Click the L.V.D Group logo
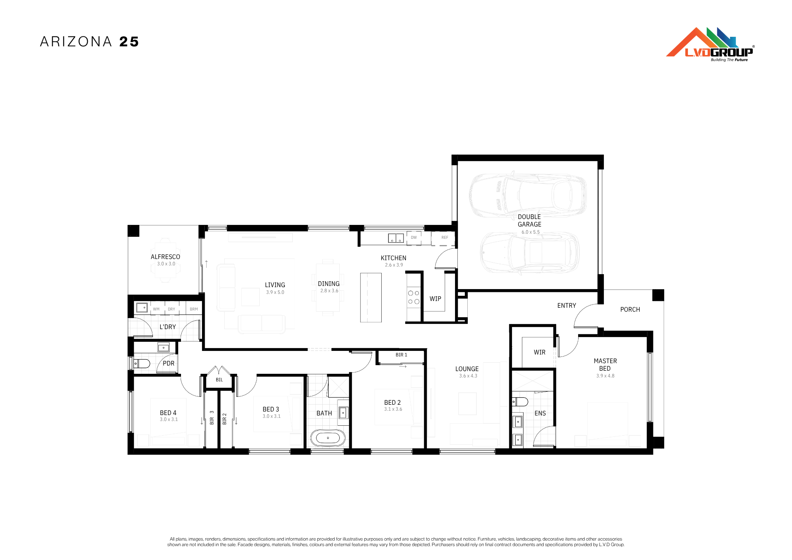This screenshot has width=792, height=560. pyautogui.click(x=710, y=44)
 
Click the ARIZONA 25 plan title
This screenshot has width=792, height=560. pyautogui.click(x=89, y=42)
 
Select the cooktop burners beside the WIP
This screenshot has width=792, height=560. pyautogui.click(x=413, y=297)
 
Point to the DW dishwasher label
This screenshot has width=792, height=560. pyautogui.click(x=414, y=238)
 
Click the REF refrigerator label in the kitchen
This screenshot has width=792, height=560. pyautogui.click(x=445, y=238)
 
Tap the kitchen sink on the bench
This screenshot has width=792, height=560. pyautogui.click(x=396, y=238)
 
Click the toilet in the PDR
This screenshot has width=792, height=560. pyautogui.click(x=141, y=363)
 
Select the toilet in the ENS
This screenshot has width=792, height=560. pyautogui.click(x=520, y=402)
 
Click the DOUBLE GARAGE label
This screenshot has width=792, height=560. pyautogui.click(x=529, y=221)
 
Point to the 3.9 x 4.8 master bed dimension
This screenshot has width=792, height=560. pyautogui.click(x=605, y=376)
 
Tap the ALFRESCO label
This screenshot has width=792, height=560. pyautogui.click(x=165, y=257)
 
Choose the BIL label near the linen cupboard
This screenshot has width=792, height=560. pyautogui.click(x=219, y=380)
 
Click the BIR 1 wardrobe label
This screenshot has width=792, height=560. pyautogui.click(x=401, y=355)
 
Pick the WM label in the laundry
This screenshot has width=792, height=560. pyautogui.click(x=156, y=309)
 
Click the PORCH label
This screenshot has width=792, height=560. pyautogui.click(x=630, y=309)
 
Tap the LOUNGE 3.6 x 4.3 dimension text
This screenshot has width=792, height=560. pyautogui.click(x=468, y=376)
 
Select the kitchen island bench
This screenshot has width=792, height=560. pyautogui.click(x=371, y=297)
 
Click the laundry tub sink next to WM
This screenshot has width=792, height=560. pyautogui.click(x=142, y=308)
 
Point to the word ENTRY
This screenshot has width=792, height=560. pyautogui.click(x=567, y=305)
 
